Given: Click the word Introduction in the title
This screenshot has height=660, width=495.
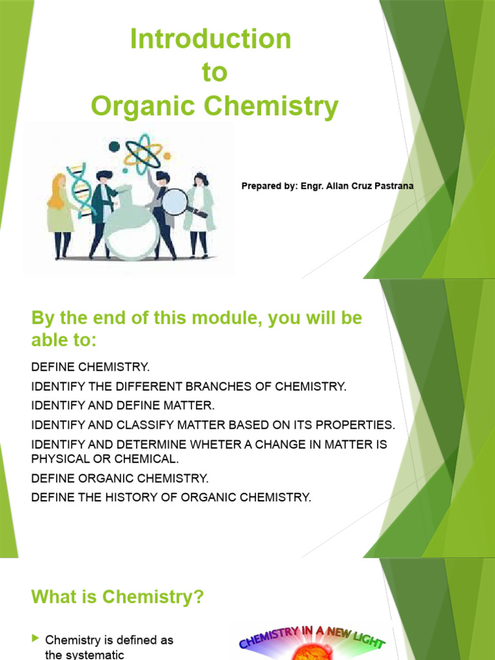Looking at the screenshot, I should [x=211, y=39].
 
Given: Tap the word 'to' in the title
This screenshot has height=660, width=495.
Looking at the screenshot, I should [x=215, y=73].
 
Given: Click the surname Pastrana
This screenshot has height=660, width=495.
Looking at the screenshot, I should [x=391, y=186].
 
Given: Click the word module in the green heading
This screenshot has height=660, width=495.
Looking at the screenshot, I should [x=211, y=318].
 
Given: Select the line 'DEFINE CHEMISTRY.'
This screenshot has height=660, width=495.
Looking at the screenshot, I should [x=90, y=367].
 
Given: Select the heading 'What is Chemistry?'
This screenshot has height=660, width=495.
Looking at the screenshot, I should [x=117, y=597].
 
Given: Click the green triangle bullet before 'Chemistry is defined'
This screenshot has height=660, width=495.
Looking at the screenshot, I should [x=35, y=639].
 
